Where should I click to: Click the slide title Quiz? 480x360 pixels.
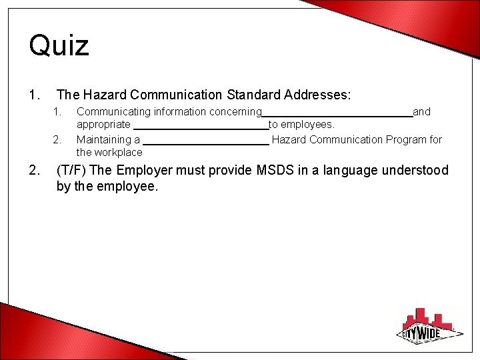[x=59, y=46]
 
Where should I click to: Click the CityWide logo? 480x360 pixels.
[x=430, y=326]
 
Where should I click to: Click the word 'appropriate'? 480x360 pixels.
[x=103, y=125]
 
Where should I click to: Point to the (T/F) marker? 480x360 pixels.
[x=71, y=171]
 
